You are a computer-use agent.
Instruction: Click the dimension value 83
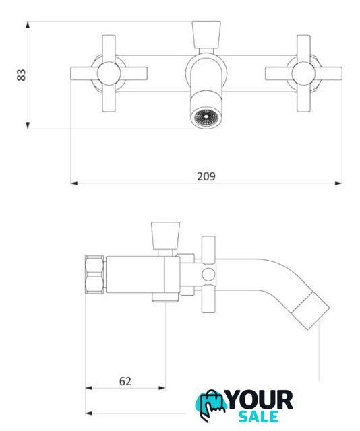coord(21,75)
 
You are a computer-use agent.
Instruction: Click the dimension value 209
coord(206,176)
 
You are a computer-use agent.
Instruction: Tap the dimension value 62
coord(125,381)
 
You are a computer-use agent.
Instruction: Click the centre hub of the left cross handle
coord(109,73)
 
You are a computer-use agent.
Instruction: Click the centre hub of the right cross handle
coord(303,73)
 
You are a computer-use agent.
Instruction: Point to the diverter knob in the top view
coord(206,35)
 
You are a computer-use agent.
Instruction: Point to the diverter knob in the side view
coord(165,236)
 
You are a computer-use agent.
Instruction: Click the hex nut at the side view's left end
coord(94,274)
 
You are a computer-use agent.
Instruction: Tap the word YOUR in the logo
coord(260,400)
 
